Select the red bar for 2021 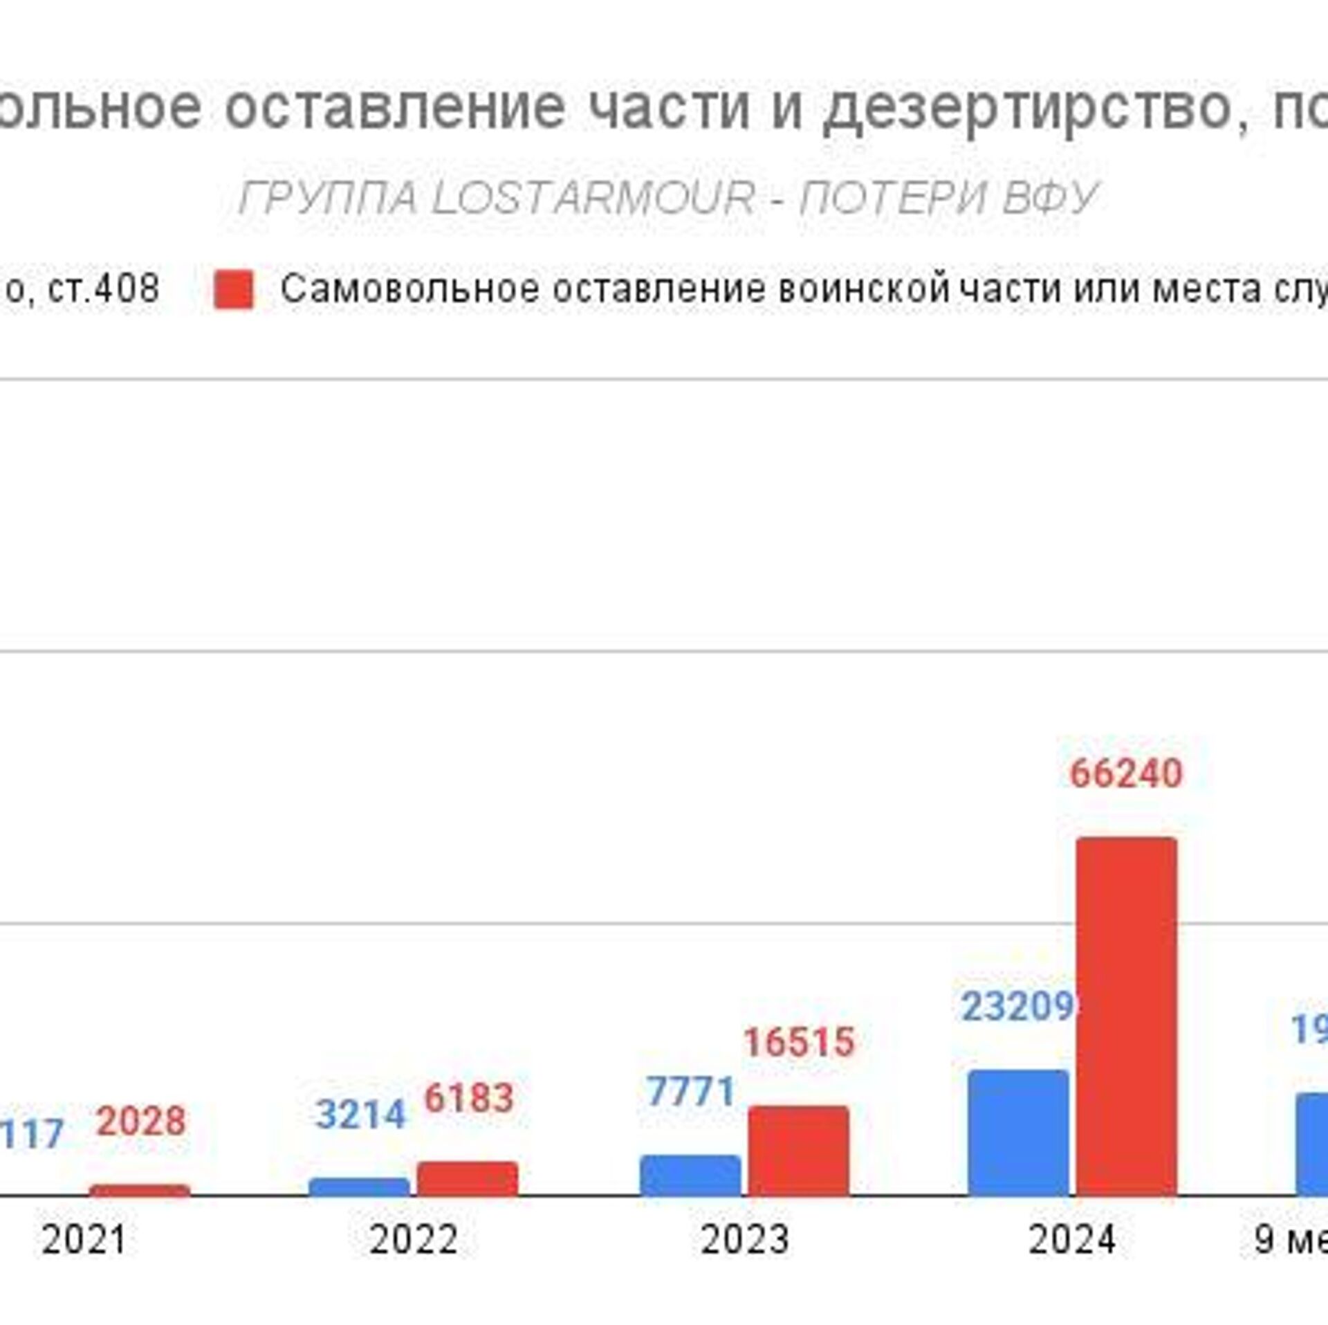pos(140,1190)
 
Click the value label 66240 pos(1126,773)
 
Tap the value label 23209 pos(1018,1007)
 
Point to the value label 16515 pos(799,1042)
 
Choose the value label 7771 pos(690,1092)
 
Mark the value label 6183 pos(469,1098)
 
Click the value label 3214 pos(360,1115)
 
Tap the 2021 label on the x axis pos(84,1239)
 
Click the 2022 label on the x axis pos(413,1239)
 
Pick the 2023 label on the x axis pos(744,1239)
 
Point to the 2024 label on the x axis pos(1072,1239)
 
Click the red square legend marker pos(234,289)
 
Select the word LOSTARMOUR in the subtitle pos(593,198)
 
